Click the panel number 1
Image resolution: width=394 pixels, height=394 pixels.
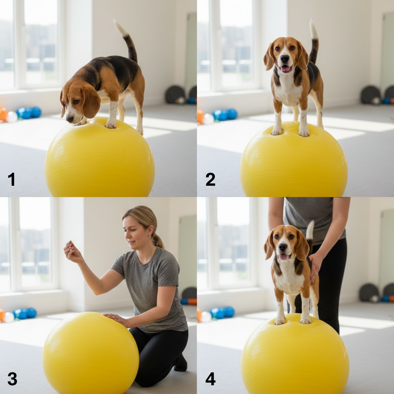11,179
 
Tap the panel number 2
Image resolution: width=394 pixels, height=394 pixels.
210,179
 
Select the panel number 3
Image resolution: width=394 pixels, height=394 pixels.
12,379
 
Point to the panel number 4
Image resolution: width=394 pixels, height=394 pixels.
210,379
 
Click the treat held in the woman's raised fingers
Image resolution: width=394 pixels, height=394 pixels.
71,242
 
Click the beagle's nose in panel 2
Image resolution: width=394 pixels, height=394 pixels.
285,59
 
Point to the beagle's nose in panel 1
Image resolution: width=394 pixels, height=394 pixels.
69,119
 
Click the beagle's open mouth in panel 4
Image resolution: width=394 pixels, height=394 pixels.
284,257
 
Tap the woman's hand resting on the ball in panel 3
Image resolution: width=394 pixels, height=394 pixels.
116,319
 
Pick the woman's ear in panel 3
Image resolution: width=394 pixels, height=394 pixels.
150,230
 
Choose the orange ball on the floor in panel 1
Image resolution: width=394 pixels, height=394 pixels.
3,114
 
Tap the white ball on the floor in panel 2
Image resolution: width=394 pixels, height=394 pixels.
208,119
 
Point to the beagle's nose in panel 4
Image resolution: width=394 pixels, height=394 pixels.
283,247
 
